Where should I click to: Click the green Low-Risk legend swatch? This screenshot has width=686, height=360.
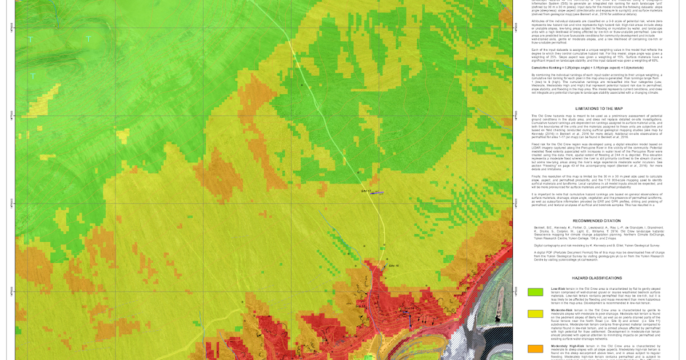(535, 292)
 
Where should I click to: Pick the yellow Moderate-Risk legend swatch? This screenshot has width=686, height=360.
(535, 313)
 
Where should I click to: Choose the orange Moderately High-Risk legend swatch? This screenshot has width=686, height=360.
(535, 349)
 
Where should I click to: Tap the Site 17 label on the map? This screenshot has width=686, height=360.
(366, 190)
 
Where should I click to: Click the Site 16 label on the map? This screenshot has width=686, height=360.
(393, 266)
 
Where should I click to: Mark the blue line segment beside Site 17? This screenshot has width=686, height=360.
(376, 194)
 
